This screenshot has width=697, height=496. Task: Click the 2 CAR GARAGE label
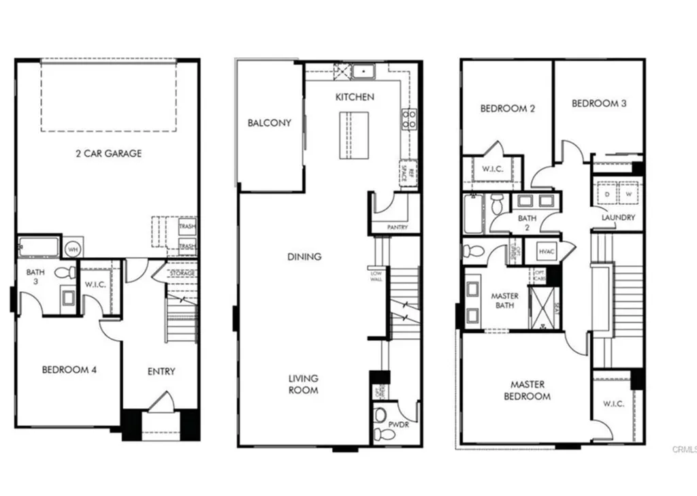pyautogui.click(x=108, y=153)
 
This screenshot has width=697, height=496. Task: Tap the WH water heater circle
pyautogui.click(x=72, y=249)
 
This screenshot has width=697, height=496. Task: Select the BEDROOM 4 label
pyautogui.click(x=69, y=370)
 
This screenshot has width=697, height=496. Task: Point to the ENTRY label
pyautogui.click(x=161, y=371)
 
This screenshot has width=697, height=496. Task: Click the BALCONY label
pyautogui.click(x=269, y=123)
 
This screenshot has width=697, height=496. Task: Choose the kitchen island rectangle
pyautogui.click(x=354, y=135)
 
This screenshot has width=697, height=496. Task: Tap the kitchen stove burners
pyautogui.click(x=409, y=119)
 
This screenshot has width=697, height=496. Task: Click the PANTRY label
pyautogui.click(x=397, y=227)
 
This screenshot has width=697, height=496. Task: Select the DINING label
pyautogui.click(x=304, y=257)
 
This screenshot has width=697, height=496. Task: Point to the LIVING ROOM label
pyautogui.click(x=303, y=384)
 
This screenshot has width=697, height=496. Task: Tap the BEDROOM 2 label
pyautogui.click(x=507, y=108)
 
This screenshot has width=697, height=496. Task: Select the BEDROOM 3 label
pyautogui.click(x=599, y=103)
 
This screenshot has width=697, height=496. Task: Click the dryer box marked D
pyautogui.click(x=606, y=193)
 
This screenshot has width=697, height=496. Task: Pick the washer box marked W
pyautogui.click(x=628, y=193)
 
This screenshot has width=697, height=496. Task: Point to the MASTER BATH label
pyautogui.click(x=504, y=301)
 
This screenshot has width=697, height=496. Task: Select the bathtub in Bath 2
pyautogui.click(x=474, y=212)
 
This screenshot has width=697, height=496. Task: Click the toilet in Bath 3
pyautogui.click(x=65, y=273)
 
